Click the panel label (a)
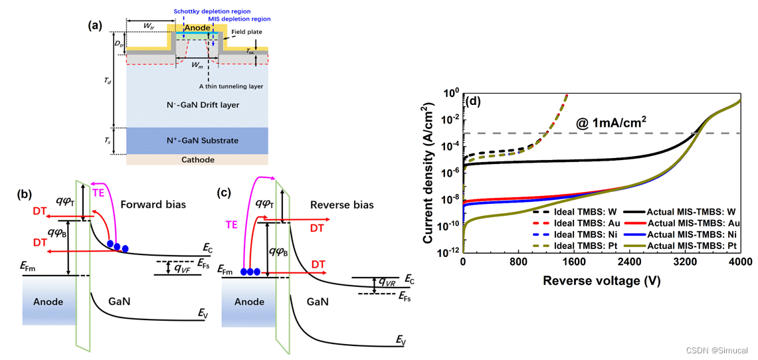(95, 26)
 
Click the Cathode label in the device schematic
(197, 159)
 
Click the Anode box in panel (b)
(48, 302)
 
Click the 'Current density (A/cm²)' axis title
(429, 172)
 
